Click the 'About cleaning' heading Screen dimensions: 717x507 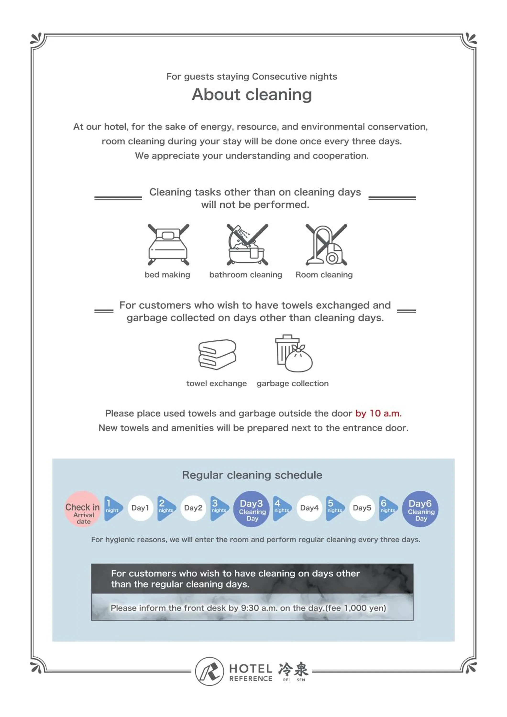tap(252, 94)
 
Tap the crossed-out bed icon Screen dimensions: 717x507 tap(168, 244)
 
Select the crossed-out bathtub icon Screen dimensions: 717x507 tap(247, 244)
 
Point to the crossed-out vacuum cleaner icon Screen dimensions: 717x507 tap(326, 244)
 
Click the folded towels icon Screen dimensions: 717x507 tap(217, 354)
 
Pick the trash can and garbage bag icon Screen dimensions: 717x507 tap(293, 353)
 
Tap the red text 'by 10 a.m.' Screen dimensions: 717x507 tap(378, 413)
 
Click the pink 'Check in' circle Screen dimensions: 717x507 tap(83, 509)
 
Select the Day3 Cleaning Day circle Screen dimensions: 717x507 tap(252, 509)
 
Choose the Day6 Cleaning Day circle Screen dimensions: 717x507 tap(420, 509)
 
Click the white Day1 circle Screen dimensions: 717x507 tap(140, 508)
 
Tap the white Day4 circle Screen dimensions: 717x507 tap(309, 508)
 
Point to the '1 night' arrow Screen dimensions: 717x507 tap(112, 508)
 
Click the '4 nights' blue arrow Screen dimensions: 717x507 tap(281, 508)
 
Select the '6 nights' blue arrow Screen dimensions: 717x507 tap(388, 508)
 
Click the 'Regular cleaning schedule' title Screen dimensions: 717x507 tap(252, 475)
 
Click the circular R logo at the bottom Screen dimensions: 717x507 tap(209, 671)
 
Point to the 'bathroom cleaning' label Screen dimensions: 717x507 tap(246, 275)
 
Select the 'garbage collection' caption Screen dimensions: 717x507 tap(292, 384)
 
